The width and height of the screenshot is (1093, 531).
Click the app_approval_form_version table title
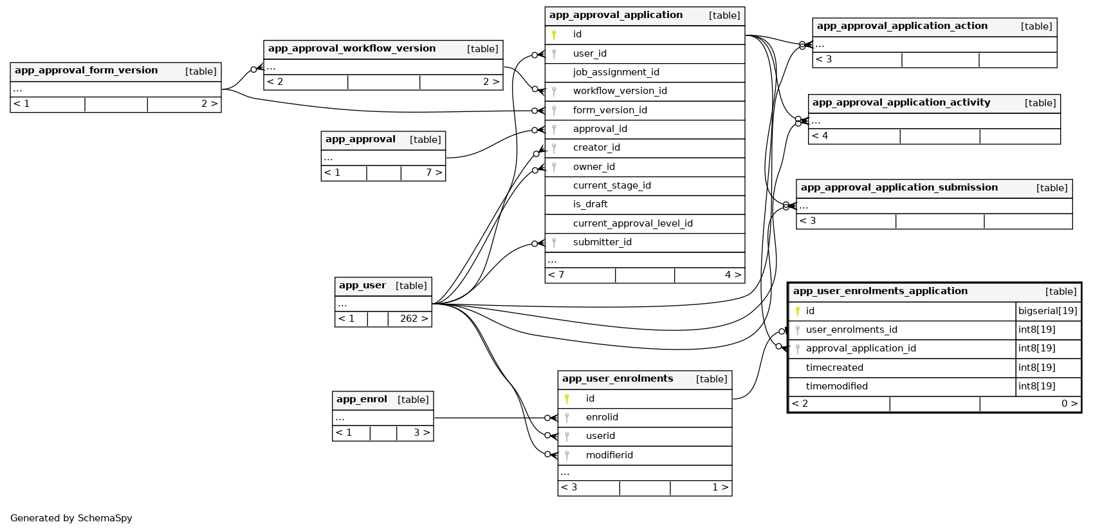point(86,71)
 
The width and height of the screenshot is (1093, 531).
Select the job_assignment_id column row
point(616,73)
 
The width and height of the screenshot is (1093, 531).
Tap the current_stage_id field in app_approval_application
point(612,186)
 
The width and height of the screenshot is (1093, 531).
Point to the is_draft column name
point(590,205)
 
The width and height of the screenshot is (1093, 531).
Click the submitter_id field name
point(602,243)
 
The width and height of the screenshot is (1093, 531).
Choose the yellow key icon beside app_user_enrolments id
point(567,399)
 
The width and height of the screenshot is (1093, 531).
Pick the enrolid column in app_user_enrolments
point(602,418)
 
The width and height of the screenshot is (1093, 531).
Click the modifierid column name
point(609,456)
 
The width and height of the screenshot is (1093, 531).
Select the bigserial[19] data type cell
point(1047,312)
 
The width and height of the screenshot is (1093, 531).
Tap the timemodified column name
point(836,387)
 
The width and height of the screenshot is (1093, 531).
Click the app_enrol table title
point(362,400)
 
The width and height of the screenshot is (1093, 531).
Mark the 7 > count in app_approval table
point(434,173)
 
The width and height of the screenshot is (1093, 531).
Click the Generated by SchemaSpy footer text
point(71,518)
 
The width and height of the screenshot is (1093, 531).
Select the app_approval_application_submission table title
point(899,188)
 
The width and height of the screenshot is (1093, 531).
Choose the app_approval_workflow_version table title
point(351,49)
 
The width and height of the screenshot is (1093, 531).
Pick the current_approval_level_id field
point(632,224)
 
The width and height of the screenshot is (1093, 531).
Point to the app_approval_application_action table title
point(901,26)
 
